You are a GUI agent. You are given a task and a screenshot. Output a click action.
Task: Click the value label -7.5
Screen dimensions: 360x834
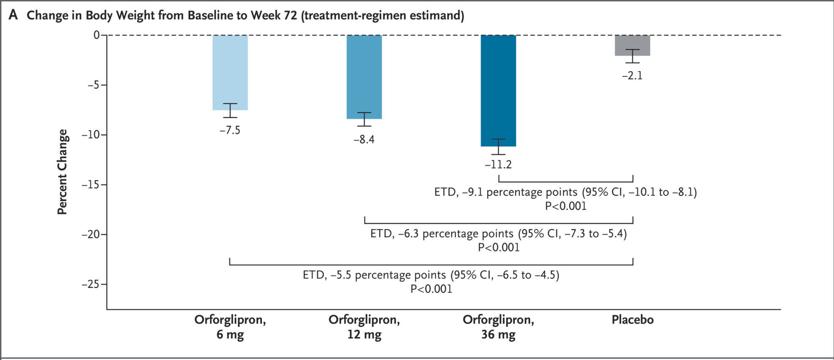(230, 130)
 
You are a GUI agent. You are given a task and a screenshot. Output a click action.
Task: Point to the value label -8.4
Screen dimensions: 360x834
(364, 140)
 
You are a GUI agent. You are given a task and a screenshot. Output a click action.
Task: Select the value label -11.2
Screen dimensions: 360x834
(498, 165)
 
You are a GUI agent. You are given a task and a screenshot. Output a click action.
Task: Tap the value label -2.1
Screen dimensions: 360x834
(632, 76)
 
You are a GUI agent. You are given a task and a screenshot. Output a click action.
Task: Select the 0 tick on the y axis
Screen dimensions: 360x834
(97, 35)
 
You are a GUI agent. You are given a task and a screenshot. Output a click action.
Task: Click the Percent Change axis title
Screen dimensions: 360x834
(62, 172)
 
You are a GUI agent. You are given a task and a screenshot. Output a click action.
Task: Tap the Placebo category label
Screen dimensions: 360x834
(632, 320)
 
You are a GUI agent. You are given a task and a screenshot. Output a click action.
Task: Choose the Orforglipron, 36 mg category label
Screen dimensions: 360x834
(498, 327)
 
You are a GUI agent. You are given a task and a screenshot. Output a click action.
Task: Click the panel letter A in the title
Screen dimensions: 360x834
(14, 16)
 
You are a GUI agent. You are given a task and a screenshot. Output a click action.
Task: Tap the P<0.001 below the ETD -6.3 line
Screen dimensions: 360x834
(498, 247)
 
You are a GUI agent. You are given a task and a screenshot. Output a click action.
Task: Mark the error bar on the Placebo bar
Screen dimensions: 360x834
(632, 56)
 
